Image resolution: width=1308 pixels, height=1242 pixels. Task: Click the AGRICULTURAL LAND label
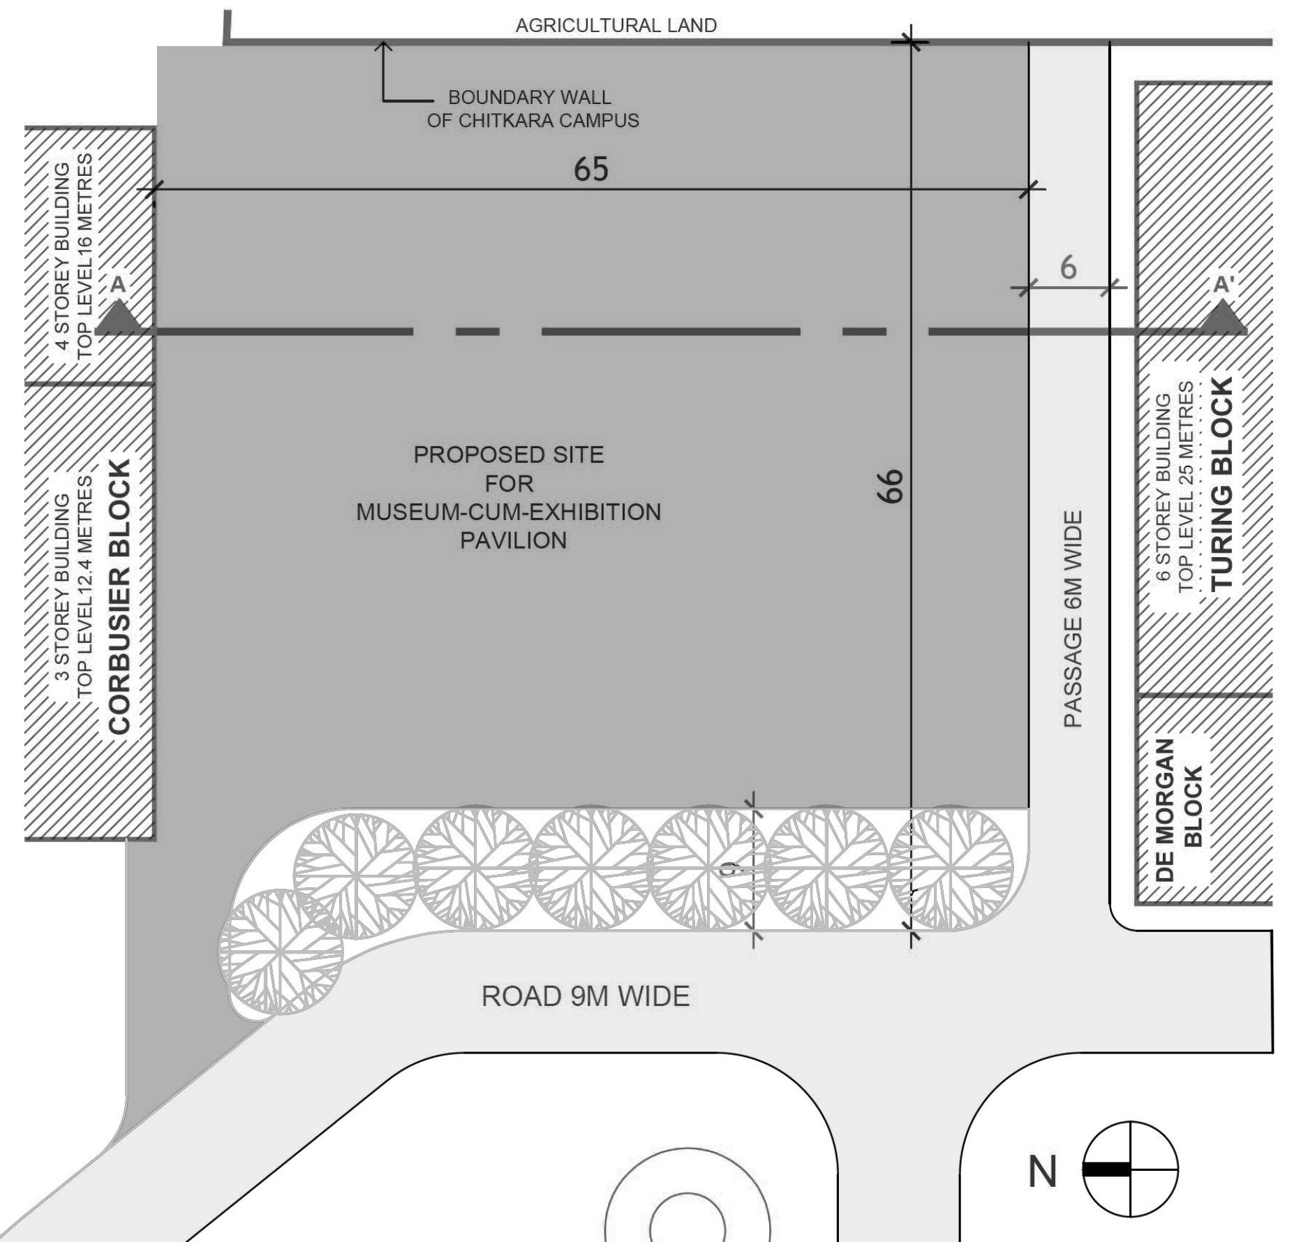pyautogui.click(x=616, y=26)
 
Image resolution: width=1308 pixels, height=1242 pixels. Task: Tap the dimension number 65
pyautogui.click(x=590, y=169)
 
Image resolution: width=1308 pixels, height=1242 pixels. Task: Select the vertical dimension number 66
pyautogui.click(x=890, y=486)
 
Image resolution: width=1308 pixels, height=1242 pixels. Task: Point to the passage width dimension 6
pyautogui.click(x=1068, y=268)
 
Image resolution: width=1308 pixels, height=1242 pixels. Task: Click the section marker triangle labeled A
pyautogui.click(x=119, y=318)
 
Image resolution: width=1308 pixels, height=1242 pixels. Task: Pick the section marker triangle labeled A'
pyautogui.click(x=1223, y=318)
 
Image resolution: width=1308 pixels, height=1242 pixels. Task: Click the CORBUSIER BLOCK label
pyautogui.click(x=120, y=597)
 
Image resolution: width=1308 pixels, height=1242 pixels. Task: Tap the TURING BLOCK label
pyautogui.click(x=1222, y=484)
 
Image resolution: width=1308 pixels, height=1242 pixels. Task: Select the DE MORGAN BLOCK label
pyautogui.click(x=1180, y=810)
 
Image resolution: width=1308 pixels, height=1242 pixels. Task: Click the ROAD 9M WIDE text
pyautogui.click(x=585, y=996)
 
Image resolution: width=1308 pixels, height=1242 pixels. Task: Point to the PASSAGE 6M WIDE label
pyautogui.click(x=1073, y=619)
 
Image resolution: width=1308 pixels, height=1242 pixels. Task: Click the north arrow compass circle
pyautogui.click(x=1130, y=1169)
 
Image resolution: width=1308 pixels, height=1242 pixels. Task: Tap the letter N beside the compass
pyautogui.click(x=1042, y=1171)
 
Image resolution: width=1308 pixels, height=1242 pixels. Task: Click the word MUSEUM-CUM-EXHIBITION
pyautogui.click(x=508, y=512)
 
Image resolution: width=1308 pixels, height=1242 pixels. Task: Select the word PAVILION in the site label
pyautogui.click(x=513, y=540)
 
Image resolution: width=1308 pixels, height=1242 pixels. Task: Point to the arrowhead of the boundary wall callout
pyautogui.click(x=383, y=46)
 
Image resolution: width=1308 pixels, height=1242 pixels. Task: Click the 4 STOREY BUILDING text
pyautogui.click(x=62, y=256)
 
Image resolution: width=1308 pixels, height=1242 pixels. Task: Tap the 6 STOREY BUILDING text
pyautogui.click(x=1163, y=487)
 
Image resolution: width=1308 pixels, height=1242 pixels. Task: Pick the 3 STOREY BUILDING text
pyautogui.click(x=62, y=586)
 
